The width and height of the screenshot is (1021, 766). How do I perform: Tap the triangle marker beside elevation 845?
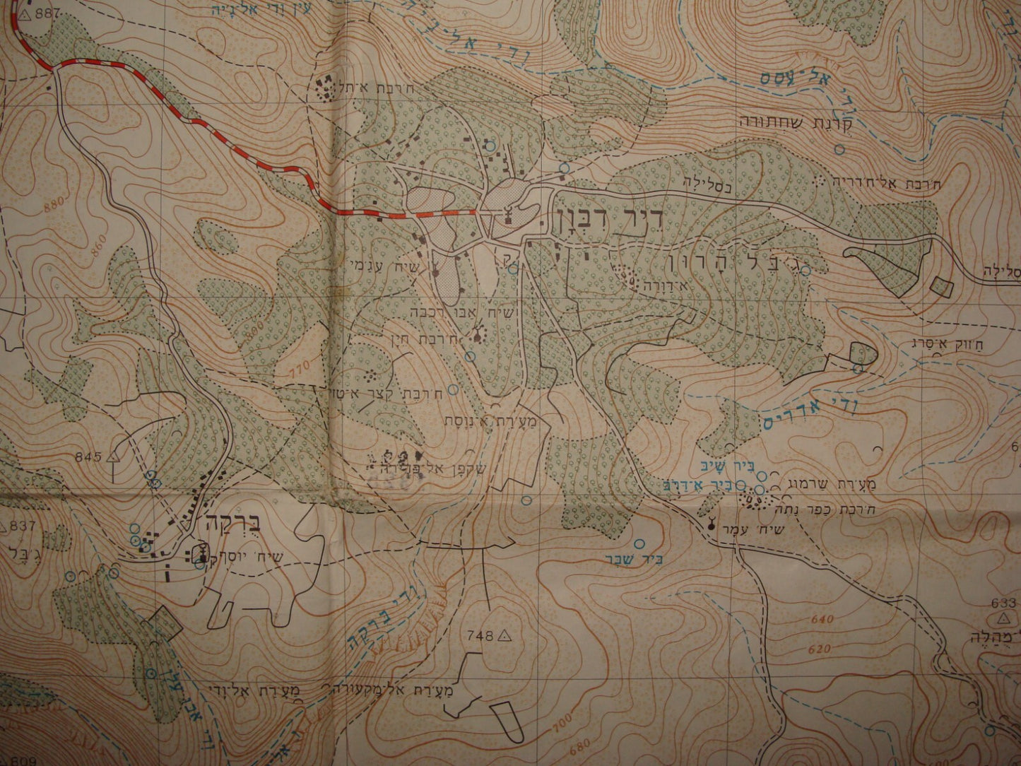pos(112,456)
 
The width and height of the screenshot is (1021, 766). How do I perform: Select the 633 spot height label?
pos(1003,603)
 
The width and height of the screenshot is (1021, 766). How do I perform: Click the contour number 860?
pos(99,240)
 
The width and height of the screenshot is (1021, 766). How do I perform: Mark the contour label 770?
pos(302,367)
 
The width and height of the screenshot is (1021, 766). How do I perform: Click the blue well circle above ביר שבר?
pos(640,544)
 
